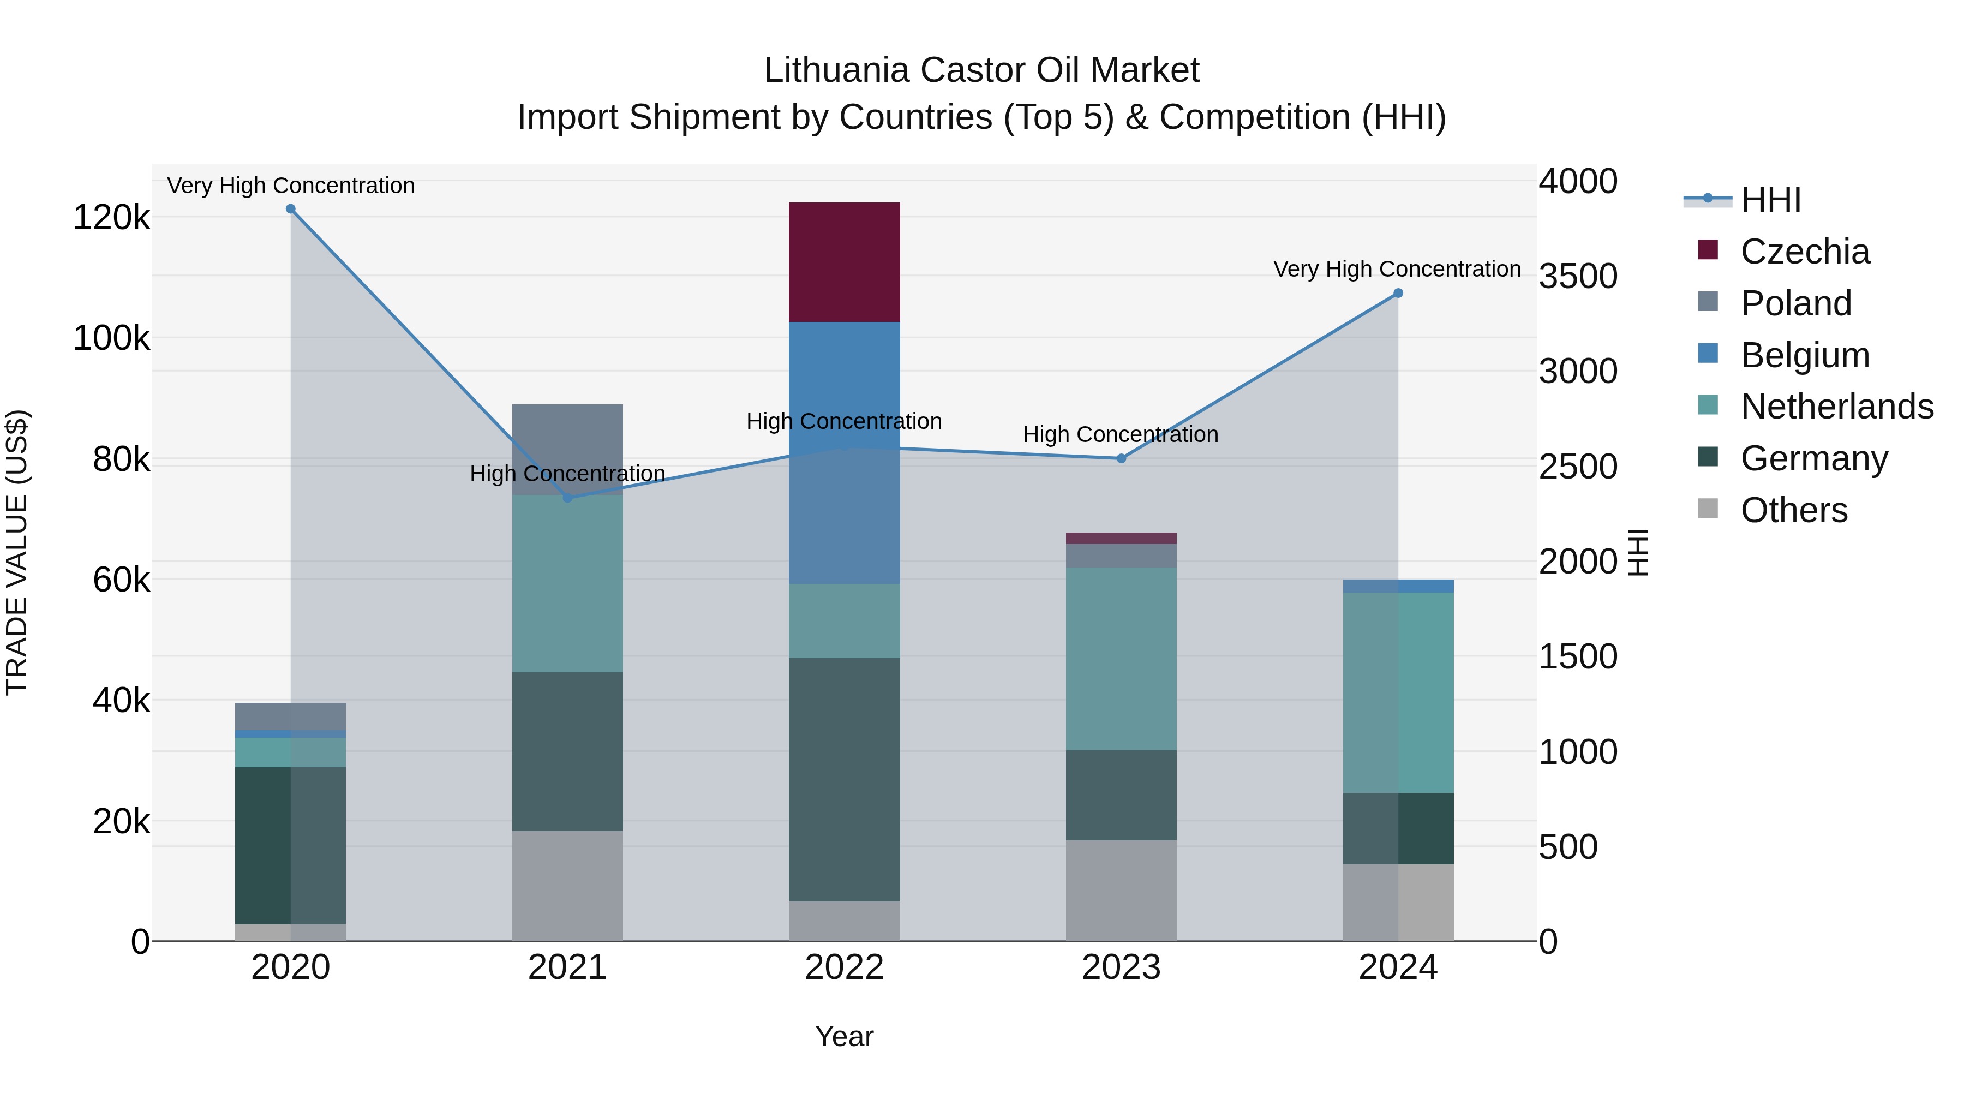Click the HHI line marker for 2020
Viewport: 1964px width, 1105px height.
[290, 209]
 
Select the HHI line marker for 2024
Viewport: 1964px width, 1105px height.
[1398, 293]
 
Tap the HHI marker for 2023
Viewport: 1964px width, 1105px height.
[1121, 458]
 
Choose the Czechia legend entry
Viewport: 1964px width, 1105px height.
[1804, 252]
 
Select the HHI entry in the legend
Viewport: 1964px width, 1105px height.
[1770, 200]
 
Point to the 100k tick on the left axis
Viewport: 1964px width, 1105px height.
[111, 338]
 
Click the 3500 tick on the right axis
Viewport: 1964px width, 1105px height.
[1577, 276]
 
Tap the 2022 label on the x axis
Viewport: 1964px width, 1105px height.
[844, 967]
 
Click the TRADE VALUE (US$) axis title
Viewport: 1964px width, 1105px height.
[17, 552]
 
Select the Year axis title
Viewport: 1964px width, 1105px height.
[844, 1036]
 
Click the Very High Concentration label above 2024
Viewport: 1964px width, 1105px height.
[1396, 269]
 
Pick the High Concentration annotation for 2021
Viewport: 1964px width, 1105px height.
[567, 474]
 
